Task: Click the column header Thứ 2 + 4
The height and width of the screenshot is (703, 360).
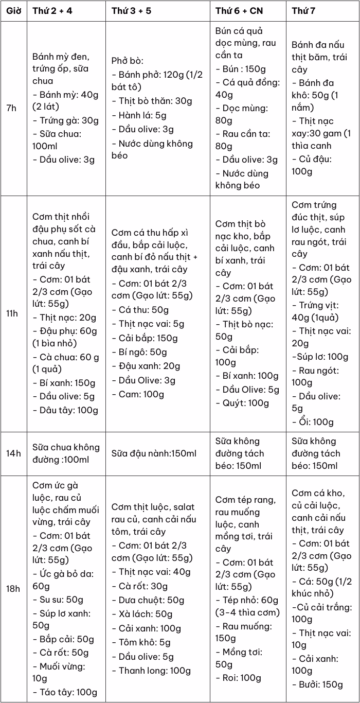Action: tap(52, 11)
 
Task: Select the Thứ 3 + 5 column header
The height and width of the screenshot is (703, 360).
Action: tap(131, 11)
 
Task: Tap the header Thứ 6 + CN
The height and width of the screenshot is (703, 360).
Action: tap(239, 11)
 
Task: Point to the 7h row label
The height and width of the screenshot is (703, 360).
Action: tap(11, 109)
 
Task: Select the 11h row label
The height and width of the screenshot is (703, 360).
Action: tap(12, 313)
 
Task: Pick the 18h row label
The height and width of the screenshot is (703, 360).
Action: tap(13, 589)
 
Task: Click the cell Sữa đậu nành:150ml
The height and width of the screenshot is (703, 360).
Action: tap(154, 453)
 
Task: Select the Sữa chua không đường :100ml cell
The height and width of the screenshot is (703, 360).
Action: tap(66, 453)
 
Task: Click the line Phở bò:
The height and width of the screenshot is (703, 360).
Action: tap(127, 61)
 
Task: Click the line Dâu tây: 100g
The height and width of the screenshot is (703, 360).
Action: tap(65, 410)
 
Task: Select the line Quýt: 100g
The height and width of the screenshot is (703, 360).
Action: tap(242, 403)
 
